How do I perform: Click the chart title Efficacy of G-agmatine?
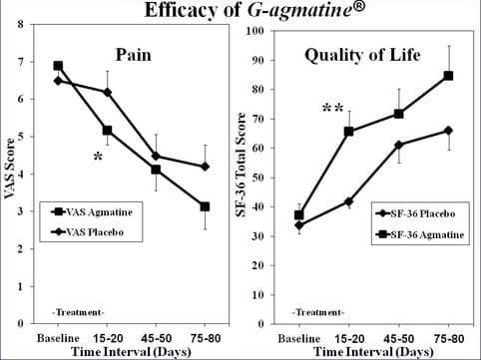(x=240, y=12)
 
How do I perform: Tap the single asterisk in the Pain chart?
(x=97, y=158)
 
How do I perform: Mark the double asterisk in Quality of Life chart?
(x=333, y=108)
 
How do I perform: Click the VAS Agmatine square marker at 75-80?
(x=205, y=206)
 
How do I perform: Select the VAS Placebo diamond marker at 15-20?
(x=107, y=92)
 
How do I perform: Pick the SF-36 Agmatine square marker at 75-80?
(x=448, y=76)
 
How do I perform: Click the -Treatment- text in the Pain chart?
(x=76, y=312)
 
